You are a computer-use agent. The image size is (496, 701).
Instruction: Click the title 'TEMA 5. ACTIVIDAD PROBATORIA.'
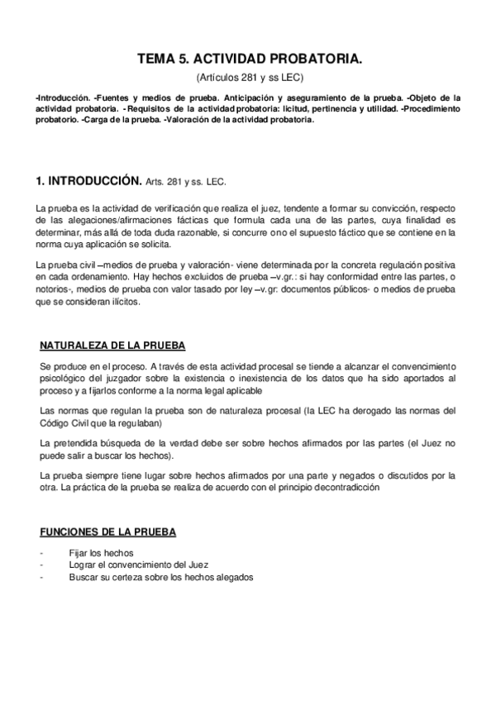249,60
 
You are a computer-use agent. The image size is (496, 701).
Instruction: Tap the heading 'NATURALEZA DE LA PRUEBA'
112,346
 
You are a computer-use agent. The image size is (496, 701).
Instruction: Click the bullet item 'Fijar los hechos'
102,553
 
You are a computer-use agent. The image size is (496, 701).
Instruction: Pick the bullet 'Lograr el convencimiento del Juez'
140,565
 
